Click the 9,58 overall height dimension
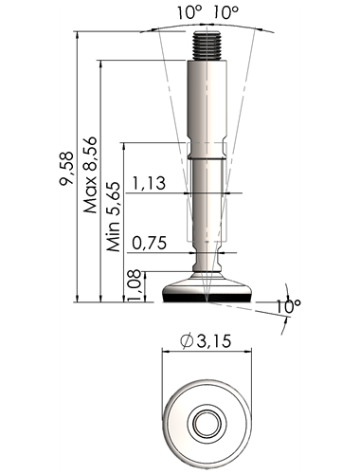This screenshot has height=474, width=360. (x=66, y=168)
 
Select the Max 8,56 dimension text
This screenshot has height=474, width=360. (x=89, y=174)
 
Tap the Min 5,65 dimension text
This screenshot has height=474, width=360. (x=114, y=216)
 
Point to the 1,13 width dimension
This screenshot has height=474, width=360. (x=149, y=183)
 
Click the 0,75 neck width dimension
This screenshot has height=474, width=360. (x=150, y=243)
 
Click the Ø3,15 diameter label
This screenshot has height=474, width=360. (x=206, y=340)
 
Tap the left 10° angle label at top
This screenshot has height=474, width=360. (x=189, y=12)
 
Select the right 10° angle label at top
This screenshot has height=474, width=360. (x=225, y=12)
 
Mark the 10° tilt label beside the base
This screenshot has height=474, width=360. (x=288, y=306)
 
